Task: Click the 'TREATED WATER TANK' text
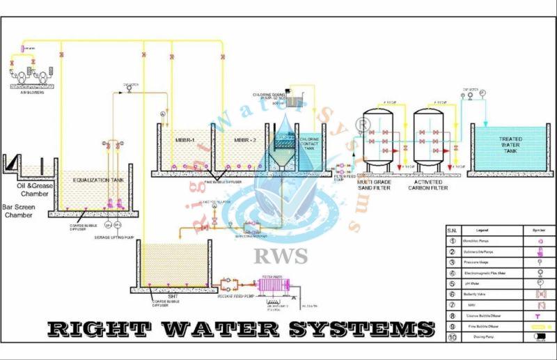[x=510, y=143]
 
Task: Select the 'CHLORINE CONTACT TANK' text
[x=308, y=143]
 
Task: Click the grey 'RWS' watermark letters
[x=281, y=256]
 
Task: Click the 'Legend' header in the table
[x=481, y=230]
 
